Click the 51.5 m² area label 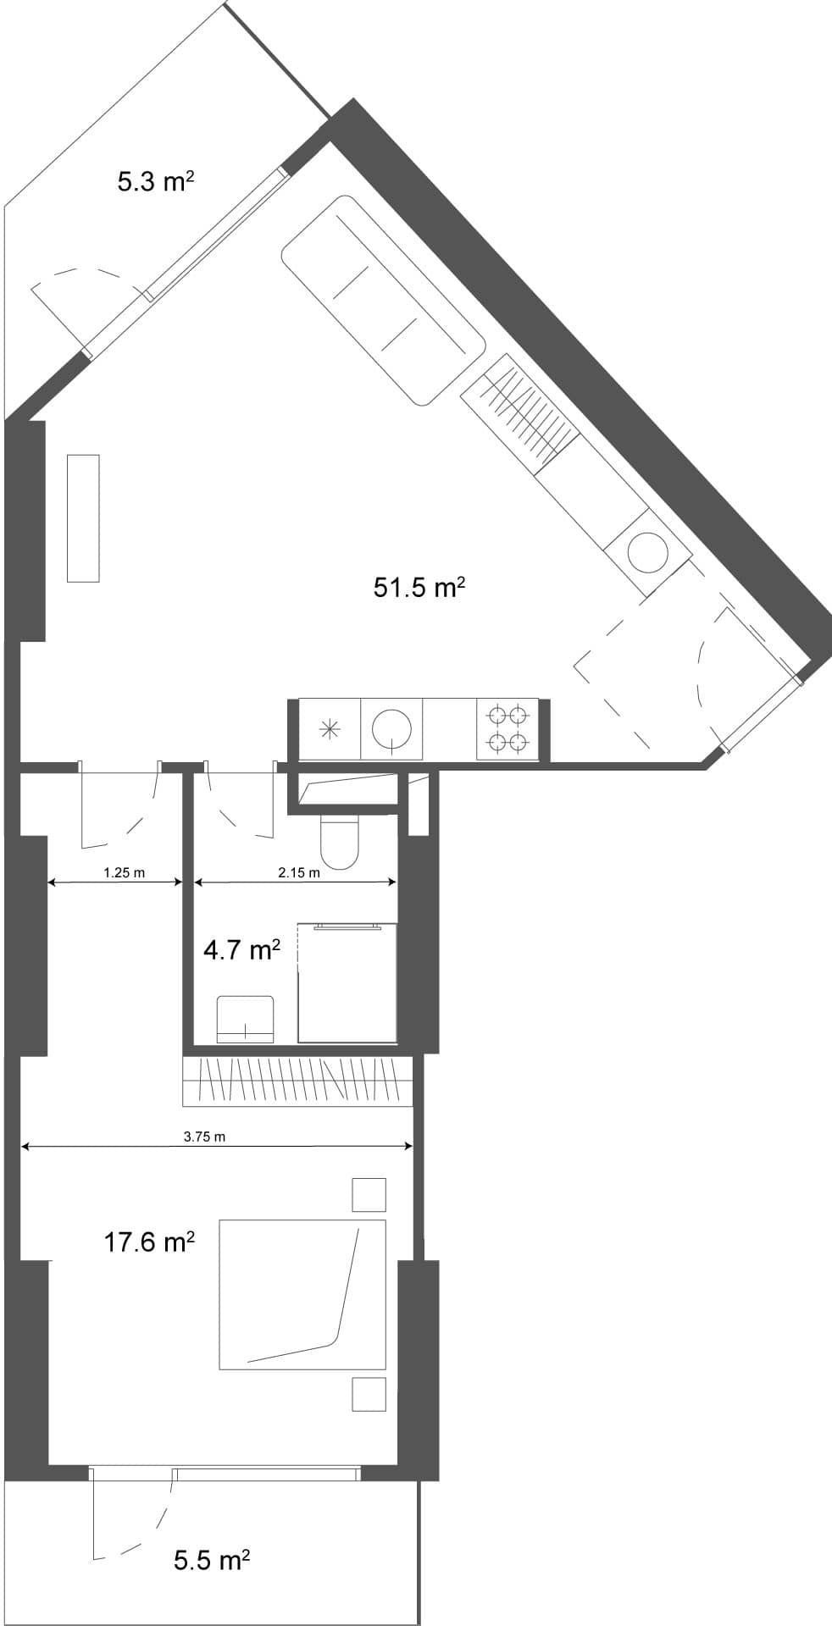(419, 587)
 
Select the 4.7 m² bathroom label (241, 950)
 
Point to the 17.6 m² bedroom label (149, 1242)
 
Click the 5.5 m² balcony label (212, 1560)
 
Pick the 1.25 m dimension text (124, 872)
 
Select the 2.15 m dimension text (299, 872)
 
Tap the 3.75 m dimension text (204, 1137)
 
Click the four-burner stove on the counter (508, 729)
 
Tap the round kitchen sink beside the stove (393, 729)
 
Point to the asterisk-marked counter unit (330, 729)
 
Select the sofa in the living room (383, 300)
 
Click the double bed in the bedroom (302, 1294)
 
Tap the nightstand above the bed (369, 1195)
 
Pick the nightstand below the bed (369, 1394)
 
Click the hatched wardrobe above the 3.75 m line (297, 1081)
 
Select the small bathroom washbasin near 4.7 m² (246, 1020)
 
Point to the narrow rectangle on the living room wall (83, 517)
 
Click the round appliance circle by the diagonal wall (646, 551)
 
